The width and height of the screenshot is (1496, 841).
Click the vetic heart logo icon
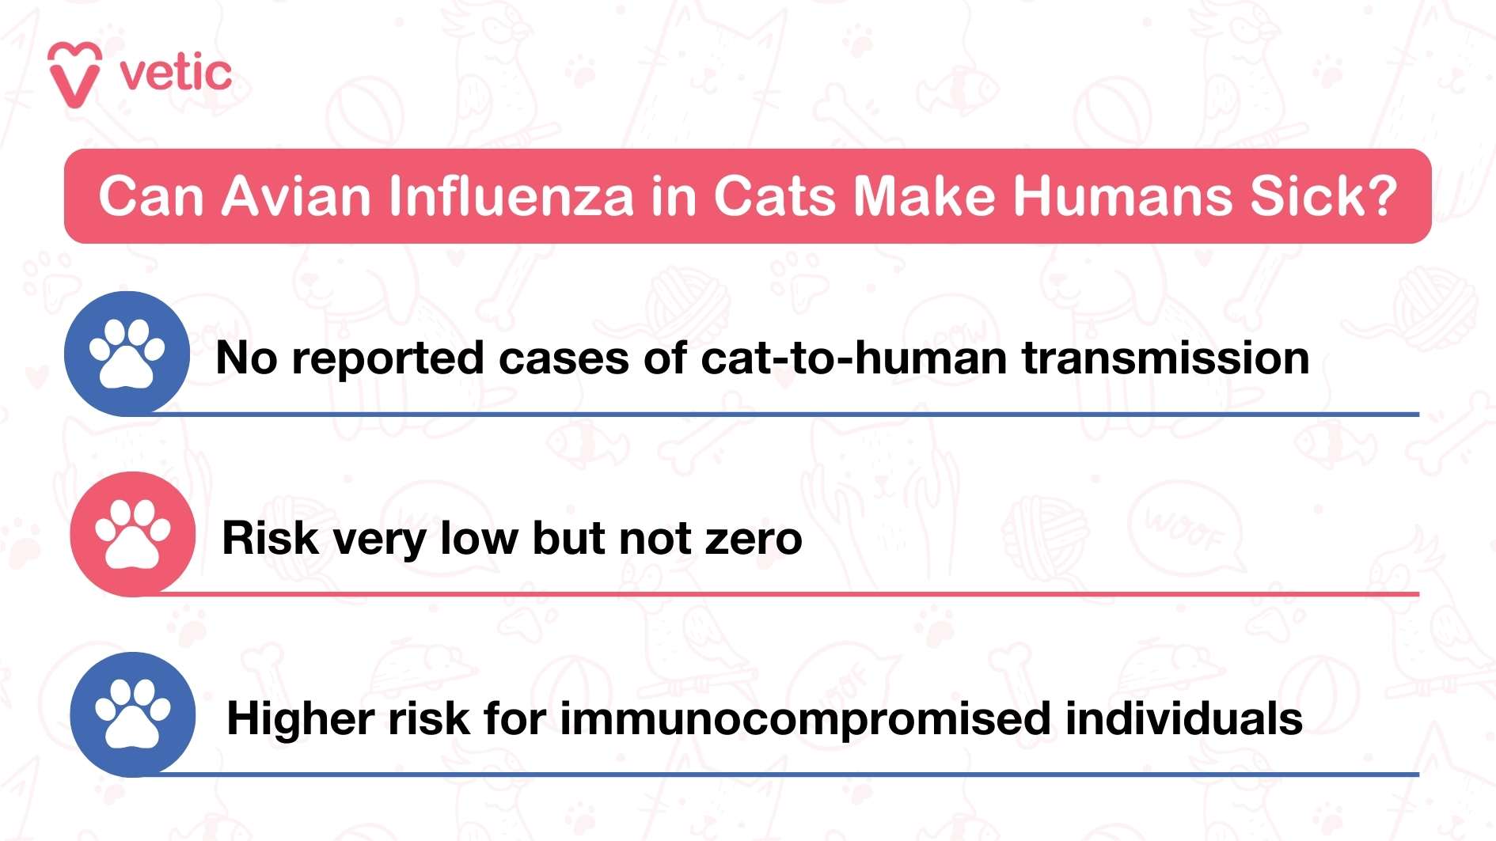click(74, 74)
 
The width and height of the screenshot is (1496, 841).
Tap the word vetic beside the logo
click(176, 74)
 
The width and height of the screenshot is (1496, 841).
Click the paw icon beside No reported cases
click(127, 353)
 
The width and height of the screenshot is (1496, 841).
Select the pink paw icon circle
click(132, 533)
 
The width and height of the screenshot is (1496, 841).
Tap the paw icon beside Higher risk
click(132, 714)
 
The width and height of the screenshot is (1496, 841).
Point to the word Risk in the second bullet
click(270, 539)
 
